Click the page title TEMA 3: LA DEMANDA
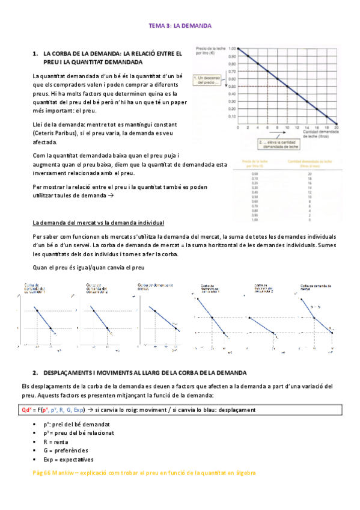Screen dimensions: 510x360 pos(180,26)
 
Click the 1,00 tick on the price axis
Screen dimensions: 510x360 pos(233,48)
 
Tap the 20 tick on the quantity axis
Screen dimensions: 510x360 pos(336,129)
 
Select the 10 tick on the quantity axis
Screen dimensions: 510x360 pos(287,129)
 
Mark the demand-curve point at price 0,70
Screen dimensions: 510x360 pos(267,71)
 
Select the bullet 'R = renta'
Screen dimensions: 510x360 pos(56,441)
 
